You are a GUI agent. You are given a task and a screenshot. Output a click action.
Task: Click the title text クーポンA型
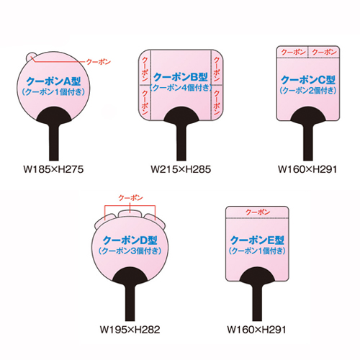(53, 81)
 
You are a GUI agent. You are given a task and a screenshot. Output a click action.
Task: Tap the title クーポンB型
(181, 77)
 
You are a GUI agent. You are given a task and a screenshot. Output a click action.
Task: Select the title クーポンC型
(308, 80)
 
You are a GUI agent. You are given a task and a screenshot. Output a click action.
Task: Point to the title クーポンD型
(130, 240)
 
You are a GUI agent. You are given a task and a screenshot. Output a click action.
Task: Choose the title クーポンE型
(257, 240)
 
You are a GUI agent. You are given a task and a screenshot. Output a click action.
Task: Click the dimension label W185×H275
(53, 169)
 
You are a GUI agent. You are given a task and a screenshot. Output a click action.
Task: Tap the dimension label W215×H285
(181, 169)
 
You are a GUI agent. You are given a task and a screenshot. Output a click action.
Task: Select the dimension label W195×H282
(130, 330)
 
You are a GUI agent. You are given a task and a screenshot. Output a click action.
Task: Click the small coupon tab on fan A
(31, 57)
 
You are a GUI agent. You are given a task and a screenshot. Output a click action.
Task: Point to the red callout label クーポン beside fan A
(99, 62)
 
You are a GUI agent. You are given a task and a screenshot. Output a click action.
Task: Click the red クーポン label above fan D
(130, 198)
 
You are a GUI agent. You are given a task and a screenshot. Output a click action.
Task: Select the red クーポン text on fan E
(258, 212)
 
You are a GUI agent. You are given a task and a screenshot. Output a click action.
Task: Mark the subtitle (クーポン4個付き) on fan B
(181, 88)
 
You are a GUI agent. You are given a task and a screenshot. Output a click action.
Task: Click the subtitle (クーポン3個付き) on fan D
(130, 251)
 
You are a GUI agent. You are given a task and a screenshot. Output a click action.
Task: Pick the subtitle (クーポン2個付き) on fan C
(308, 91)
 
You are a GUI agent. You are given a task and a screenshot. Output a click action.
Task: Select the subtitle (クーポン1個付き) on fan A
(53, 92)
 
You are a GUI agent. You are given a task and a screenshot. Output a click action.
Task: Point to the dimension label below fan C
(307, 169)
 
